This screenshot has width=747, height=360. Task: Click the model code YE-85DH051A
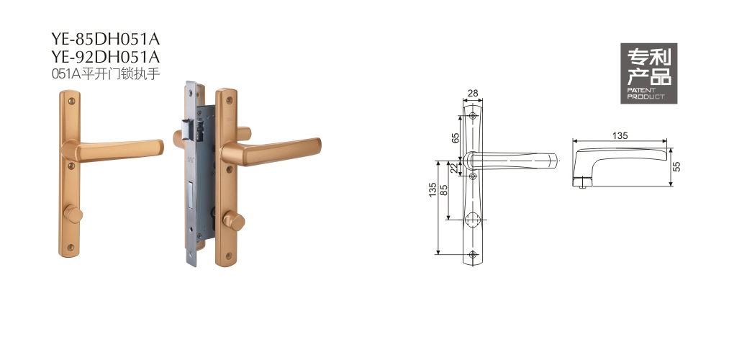(105, 39)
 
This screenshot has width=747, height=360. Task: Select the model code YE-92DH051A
(105, 57)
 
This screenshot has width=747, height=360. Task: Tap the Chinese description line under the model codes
(105, 74)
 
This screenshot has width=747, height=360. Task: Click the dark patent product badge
(648, 73)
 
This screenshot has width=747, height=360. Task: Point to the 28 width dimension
(473, 94)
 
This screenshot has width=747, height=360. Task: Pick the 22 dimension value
(454, 168)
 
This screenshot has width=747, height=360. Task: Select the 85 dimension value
(444, 190)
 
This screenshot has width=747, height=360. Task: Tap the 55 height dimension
(677, 166)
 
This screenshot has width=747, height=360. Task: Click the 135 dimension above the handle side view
(620, 136)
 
